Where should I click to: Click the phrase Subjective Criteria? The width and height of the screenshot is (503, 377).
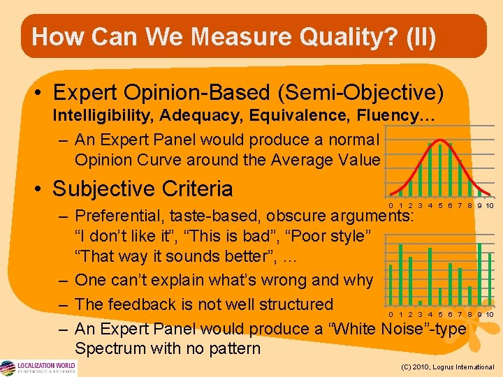(x=143, y=188)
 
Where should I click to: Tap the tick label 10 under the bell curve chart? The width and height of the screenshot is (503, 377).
(x=490, y=205)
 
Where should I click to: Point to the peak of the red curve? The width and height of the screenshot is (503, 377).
(x=440, y=141)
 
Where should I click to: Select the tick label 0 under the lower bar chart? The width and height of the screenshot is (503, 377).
(x=391, y=315)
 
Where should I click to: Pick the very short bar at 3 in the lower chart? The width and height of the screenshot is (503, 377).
(x=420, y=302)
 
